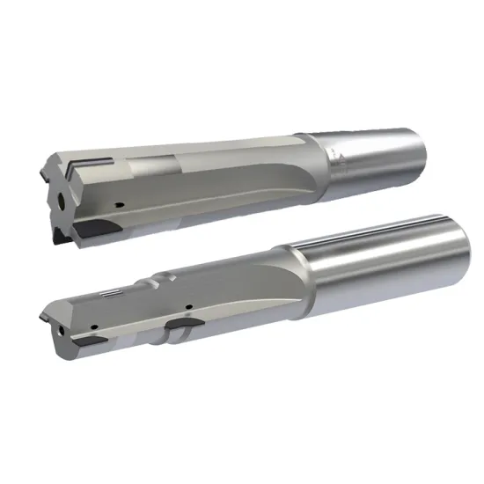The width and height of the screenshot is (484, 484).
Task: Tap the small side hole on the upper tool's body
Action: [119, 204]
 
